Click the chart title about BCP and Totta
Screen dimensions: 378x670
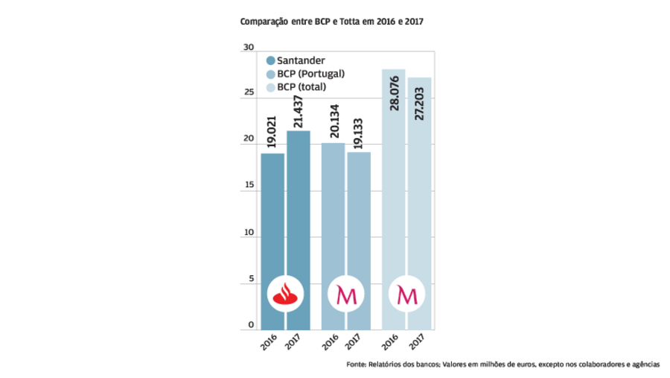(331, 23)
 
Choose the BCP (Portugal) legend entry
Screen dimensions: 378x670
(310, 73)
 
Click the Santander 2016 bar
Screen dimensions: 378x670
(272, 224)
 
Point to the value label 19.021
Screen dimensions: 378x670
(272, 130)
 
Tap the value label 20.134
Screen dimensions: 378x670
(334, 121)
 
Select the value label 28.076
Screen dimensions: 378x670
(394, 92)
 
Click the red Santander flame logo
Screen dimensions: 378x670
(285, 295)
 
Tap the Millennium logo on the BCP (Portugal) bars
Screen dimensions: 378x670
(346, 295)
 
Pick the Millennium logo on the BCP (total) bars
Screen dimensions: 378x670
(407, 295)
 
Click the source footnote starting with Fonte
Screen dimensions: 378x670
(502, 365)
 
